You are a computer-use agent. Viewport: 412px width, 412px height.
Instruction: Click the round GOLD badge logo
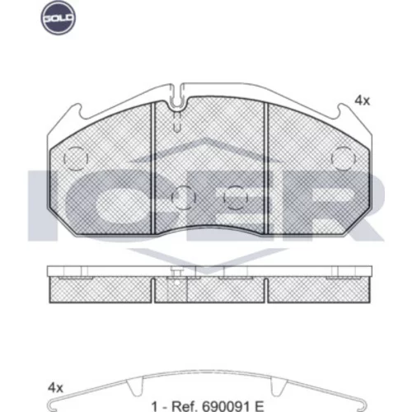(58, 17)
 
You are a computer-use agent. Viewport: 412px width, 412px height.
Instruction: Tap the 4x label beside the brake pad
(363, 101)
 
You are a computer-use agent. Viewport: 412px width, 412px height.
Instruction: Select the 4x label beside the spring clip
(55, 388)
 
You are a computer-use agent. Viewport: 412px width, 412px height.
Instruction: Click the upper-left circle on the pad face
(76, 158)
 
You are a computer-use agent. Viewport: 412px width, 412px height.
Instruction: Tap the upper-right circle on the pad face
(344, 158)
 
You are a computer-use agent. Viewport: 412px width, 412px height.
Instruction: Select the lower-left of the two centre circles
(184, 198)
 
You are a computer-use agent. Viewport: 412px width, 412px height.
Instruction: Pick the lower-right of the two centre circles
(236, 198)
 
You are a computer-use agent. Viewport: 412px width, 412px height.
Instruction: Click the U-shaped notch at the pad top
(179, 96)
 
